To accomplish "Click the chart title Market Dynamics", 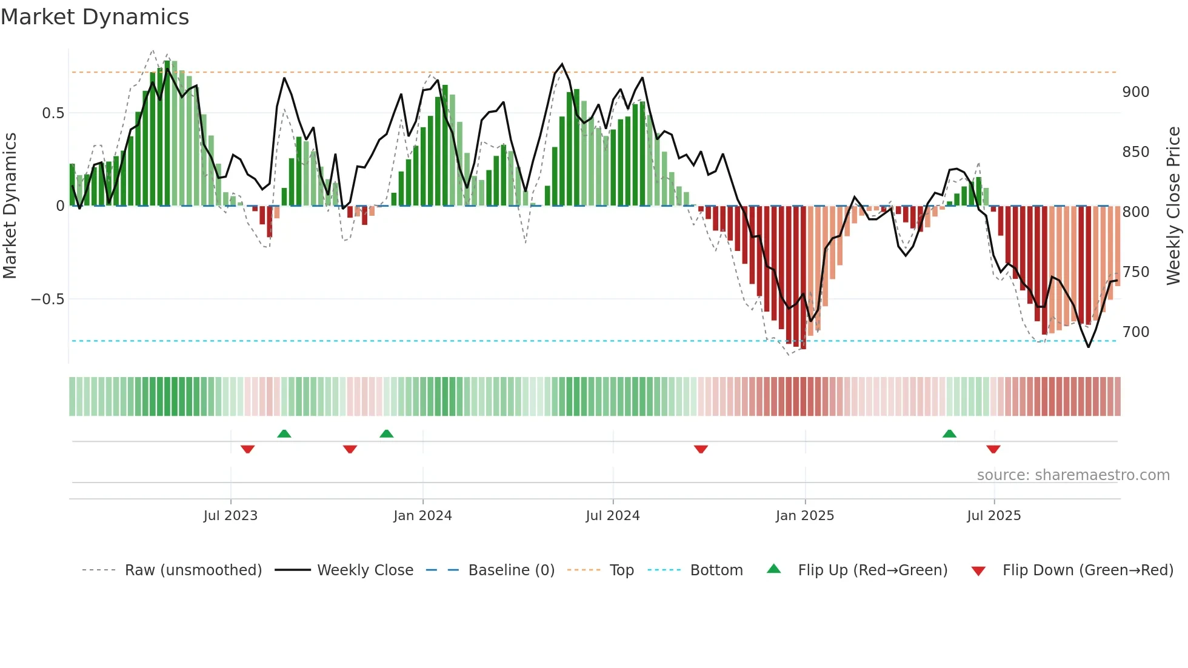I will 95,17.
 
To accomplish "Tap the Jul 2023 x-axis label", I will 230,516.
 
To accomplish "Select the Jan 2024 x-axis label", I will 422,516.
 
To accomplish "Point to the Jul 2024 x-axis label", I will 613,516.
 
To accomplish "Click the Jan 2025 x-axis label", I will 805,516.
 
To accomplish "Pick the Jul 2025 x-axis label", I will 994,516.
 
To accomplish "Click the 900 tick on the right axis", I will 1135,92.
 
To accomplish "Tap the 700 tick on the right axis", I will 1135,332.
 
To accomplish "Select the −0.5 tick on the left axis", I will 47,299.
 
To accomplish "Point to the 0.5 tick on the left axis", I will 53,113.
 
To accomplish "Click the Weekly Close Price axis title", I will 1173,206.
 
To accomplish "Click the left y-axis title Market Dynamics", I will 10,206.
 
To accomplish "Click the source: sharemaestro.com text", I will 1073,475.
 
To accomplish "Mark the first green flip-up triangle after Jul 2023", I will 284,433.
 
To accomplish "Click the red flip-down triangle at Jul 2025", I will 993,449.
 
